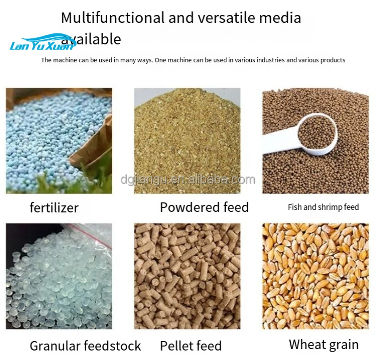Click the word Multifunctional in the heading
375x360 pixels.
click(113, 18)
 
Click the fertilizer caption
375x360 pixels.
click(54, 207)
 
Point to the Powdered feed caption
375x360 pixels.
click(204, 207)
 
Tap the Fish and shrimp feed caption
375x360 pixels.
click(323, 207)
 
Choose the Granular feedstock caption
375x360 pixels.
click(85, 346)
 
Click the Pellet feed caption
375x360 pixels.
click(191, 346)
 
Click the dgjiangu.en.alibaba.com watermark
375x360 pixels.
click(188, 180)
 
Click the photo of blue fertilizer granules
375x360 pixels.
click(59, 141)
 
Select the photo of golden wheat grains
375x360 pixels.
click(316, 276)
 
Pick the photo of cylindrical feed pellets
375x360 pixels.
click(187, 276)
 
